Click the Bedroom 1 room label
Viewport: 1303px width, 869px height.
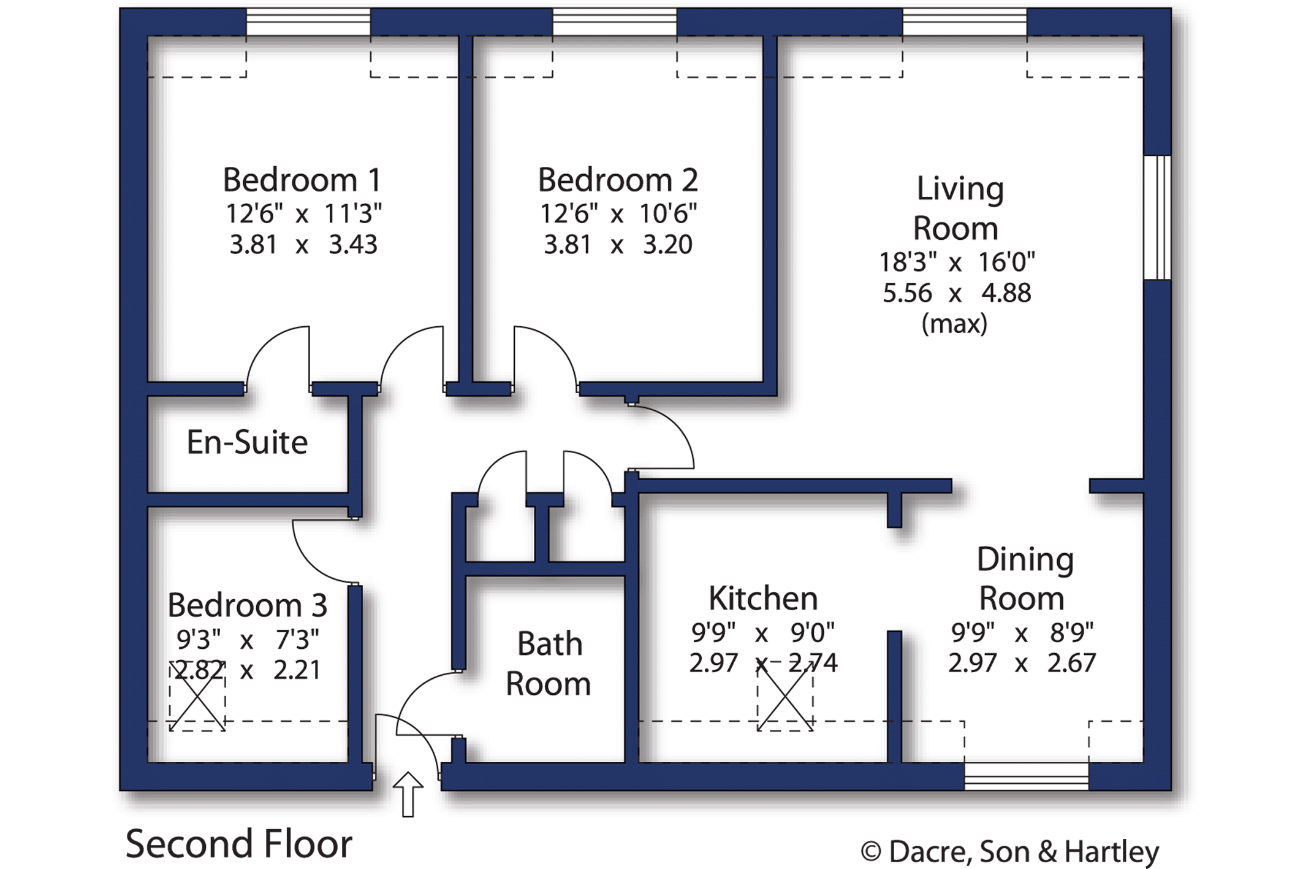(302, 180)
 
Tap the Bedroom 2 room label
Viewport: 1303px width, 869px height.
(618, 180)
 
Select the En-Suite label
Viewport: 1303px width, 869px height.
(247, 442)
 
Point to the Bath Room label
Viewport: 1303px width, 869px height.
(549, 664)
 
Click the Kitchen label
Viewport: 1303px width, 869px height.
(763, 598)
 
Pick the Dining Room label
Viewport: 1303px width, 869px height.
(1024, 578)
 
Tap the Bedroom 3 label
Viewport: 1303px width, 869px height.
(247, 605)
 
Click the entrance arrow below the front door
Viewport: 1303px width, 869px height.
(408, 794)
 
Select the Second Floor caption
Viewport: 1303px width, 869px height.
(239, 844)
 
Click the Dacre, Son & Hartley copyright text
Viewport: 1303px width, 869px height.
(1010, 851)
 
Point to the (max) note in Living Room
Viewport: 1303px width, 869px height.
(954, 323)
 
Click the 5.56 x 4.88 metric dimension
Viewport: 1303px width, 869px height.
(957, 293)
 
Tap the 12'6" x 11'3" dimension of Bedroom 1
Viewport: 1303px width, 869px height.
(303, 213)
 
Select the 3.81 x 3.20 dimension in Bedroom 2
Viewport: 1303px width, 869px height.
(618, 244)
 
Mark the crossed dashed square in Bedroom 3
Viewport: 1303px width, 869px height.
(197, 696)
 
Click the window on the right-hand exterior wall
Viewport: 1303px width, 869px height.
(1158, 218)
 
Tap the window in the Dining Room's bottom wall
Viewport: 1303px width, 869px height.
(1027, 776)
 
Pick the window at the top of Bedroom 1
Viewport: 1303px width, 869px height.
(308, 22)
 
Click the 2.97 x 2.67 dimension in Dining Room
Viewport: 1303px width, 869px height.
(1022, 663)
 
